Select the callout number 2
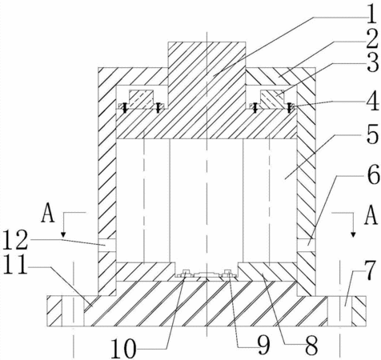(372, 39)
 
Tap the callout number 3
(372, 62)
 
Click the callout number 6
(373, 174)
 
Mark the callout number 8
(311, 346)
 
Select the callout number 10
(123, 347)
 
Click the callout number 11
(15, 264)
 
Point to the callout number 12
(15, 239)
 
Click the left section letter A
(48, 213)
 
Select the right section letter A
(371, 215)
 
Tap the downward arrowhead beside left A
(63, 235)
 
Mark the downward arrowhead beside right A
(353, 234)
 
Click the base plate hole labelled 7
(339, 311)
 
